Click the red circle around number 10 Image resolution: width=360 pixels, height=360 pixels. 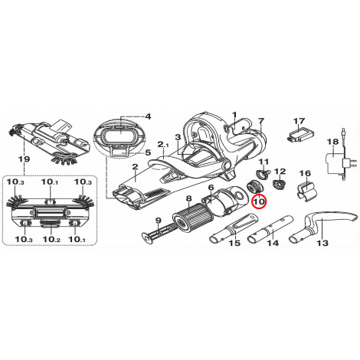(259, 201)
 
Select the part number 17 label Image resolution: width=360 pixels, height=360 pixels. (299, 121)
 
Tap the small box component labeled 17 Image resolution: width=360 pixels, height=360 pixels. (299, 134)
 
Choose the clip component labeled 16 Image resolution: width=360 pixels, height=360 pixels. (306, 190)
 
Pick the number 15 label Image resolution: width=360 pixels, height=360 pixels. (234, 243)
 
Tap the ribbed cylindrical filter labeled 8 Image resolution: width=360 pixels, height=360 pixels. (193, 218)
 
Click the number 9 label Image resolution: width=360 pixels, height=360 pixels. (159, 220)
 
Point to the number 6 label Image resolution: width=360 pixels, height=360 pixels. (211, 188)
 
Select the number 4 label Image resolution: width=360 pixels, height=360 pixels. (148, 117)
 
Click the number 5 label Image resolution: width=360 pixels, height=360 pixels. (148, 153)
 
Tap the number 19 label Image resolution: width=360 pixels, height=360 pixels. (24, 159)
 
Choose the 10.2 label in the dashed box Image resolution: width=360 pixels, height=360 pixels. (51, 240)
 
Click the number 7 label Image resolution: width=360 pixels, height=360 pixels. (260, 121)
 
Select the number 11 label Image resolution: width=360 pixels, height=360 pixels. (264, 162)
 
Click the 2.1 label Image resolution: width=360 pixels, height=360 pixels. (163, 145)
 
